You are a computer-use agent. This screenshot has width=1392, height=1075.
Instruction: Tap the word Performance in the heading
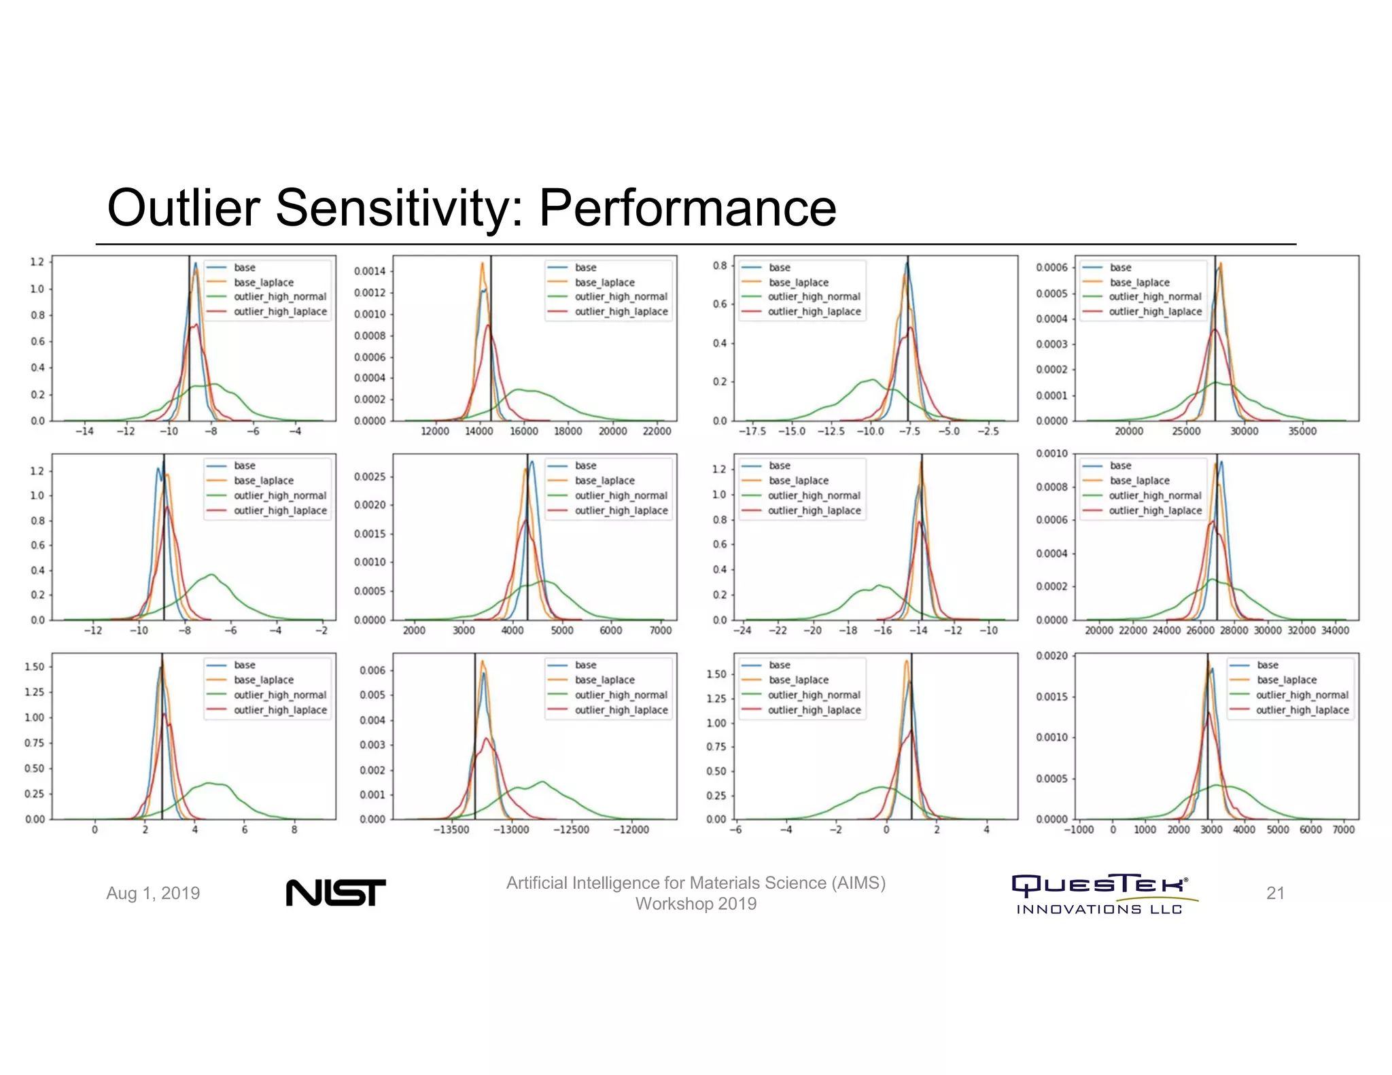(x=687, y=207)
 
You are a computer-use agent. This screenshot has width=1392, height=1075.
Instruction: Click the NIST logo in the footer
(x=336, y=892)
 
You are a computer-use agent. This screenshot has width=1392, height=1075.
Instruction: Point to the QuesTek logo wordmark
(x=1100, y=884)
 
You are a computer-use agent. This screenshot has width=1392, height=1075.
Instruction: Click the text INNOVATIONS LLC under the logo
(x=1099, y=909)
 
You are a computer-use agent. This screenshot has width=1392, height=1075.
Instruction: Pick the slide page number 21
(x=1275, y=893)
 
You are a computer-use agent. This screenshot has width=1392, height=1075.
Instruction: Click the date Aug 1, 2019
(x=153, y=893)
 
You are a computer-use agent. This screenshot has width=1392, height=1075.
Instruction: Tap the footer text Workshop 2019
(x=695, y=904)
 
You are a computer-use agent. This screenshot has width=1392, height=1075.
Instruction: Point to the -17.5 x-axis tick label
(x=752, y=431)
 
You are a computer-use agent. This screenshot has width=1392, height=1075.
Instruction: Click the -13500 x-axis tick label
(x=451, y=830)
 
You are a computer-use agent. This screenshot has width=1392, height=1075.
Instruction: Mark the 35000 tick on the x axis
(x=1302, y=431)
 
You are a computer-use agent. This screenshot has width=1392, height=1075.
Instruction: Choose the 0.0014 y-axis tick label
(x=369, y=271)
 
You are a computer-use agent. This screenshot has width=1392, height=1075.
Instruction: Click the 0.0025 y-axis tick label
(x=369, y=476)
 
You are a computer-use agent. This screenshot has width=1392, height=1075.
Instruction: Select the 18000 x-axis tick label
(x=568, y=431)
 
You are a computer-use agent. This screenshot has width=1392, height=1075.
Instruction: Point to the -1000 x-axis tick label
(x=1079, y=830)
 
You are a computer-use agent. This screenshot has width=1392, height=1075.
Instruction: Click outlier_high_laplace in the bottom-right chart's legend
(x=1302, y=710)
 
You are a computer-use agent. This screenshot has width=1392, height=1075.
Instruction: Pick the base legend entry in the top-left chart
(x=245, y=268)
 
